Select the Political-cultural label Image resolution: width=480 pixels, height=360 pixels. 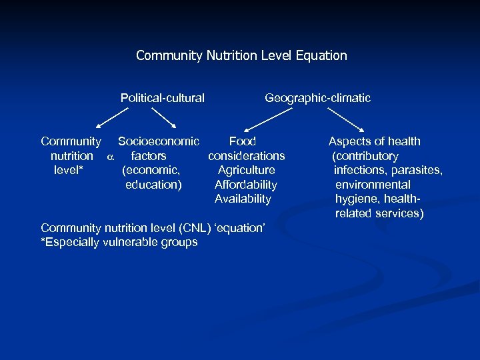pyautogui.click(x=162, y=98)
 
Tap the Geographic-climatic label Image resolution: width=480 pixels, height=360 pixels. pyautogui.click(x=317, y=98)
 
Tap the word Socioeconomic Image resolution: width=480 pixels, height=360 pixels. pyautogui.click(x=158, y=141)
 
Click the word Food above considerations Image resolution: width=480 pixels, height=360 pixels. pyautogui.click(x=243, y=141)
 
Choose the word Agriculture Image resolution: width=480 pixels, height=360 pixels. pyautogui.click(x=246, y=170)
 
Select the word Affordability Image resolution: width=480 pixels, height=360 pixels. pyautogui.click(x=245, y=185)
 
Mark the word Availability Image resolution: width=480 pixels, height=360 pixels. pyautogui.click(x=243, y=199)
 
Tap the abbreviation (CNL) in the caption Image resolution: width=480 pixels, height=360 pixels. pyautogui.click(x=193, y=228)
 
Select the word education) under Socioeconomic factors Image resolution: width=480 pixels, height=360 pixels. pyautogui.click(x=153, y=185)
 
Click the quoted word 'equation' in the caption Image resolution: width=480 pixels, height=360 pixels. pyautogui.click(x=241, y=228)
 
